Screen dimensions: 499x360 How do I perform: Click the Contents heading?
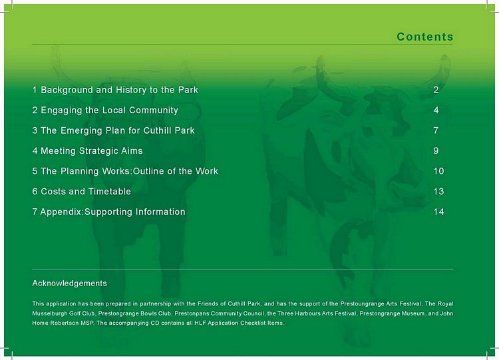[425, 37]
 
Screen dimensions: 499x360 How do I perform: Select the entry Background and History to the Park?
[115, 90]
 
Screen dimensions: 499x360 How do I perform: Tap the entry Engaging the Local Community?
[105, 110]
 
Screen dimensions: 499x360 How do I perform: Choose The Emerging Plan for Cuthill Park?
[113, 130]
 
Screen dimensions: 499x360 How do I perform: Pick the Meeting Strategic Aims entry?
[88, 151]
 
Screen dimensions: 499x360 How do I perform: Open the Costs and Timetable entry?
[81, 191]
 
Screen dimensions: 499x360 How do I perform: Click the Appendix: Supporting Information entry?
[108, 212]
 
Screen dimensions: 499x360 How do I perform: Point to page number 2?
[436, 90]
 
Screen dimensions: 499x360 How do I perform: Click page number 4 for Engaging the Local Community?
[436, 110]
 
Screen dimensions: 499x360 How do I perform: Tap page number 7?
[436, 130]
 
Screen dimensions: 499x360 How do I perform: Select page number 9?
[436, 151]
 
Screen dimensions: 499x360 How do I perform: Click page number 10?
[438, 171]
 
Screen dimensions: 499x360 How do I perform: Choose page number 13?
[438, 191]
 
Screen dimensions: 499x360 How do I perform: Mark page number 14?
[438, 212]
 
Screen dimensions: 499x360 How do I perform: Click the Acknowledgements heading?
[69, 283]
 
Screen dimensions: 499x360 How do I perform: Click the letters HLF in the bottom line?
[200, 323]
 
